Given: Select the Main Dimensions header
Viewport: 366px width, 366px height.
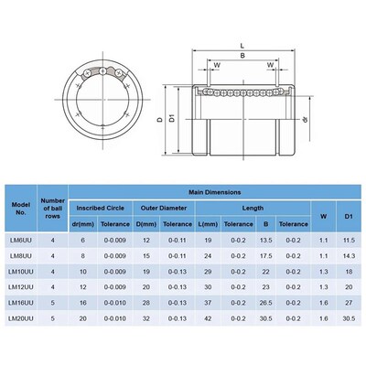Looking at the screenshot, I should (215, 193).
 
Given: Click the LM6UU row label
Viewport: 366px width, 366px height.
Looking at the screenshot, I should (19, 240).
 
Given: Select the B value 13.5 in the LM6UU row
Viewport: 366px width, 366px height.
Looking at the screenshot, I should (266, 240).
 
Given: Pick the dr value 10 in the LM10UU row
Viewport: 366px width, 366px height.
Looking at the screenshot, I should (83, 271).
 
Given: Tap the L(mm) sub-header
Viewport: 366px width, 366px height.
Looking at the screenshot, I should (208, 223).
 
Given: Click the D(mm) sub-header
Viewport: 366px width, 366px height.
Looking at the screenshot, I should (145, 223).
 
